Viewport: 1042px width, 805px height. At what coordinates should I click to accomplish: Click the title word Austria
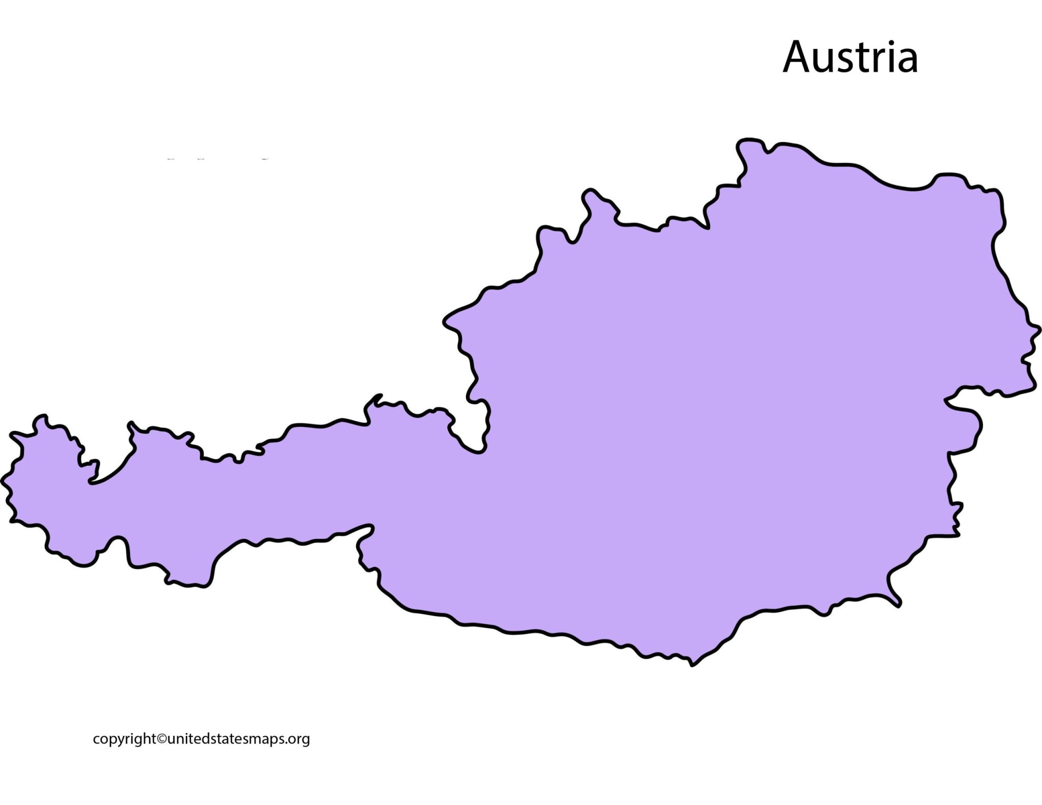pos(850,57)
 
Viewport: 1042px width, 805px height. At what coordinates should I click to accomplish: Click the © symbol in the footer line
pos(161,738)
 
